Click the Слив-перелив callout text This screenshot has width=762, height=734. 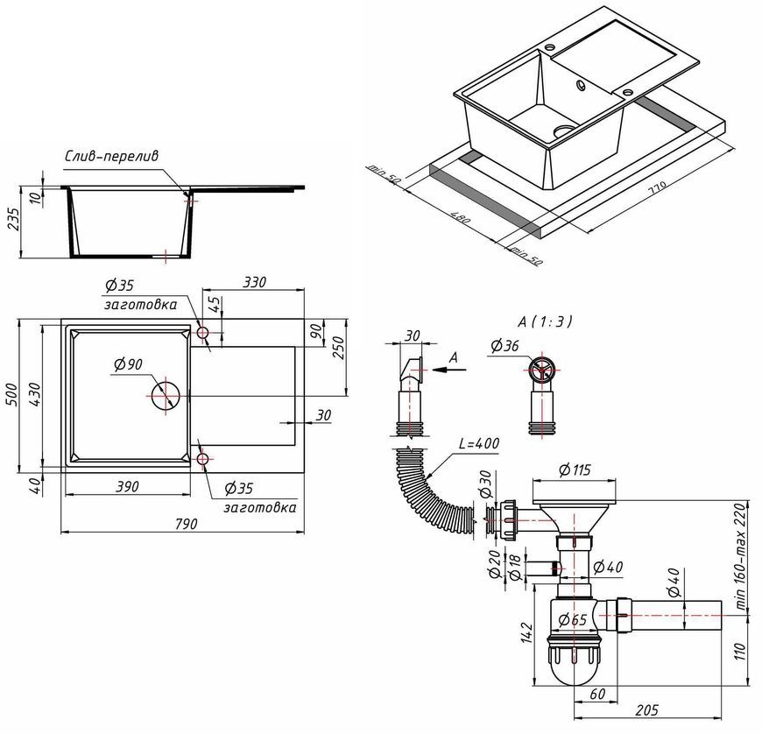point(112,157)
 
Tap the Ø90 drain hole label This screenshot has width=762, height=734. point(128,363)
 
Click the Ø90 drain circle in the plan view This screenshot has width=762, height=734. point(166,396)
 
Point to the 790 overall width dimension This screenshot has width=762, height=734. point(186,524)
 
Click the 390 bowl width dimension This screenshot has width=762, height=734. point(127,486)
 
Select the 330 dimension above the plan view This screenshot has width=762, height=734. point(254,282)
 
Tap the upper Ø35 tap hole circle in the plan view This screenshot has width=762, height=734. point(202,333)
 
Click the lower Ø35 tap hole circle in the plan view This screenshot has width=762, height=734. point(202,459)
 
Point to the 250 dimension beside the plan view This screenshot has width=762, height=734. point(338,347)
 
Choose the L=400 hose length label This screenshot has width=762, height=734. point(479,444)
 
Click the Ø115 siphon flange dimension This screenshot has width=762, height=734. point(575,470)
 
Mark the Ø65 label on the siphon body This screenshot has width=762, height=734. point(573,620)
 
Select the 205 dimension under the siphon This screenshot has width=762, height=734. point(647,710)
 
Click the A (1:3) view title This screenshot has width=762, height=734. point(545,321)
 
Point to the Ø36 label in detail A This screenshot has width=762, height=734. point(504,346)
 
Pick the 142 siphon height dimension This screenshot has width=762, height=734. point(527,632)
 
